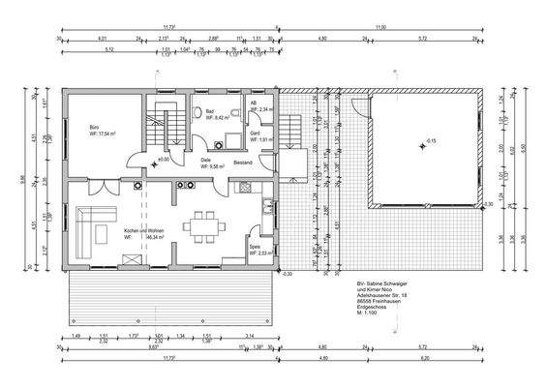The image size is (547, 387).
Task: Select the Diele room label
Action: coord(205,160)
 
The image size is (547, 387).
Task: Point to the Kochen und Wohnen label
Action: coord(143,230)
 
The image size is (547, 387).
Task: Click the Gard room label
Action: coord(255,134)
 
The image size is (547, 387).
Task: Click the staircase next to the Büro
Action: coord(164,130)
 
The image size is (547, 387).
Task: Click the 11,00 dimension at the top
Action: coord(380,28)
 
